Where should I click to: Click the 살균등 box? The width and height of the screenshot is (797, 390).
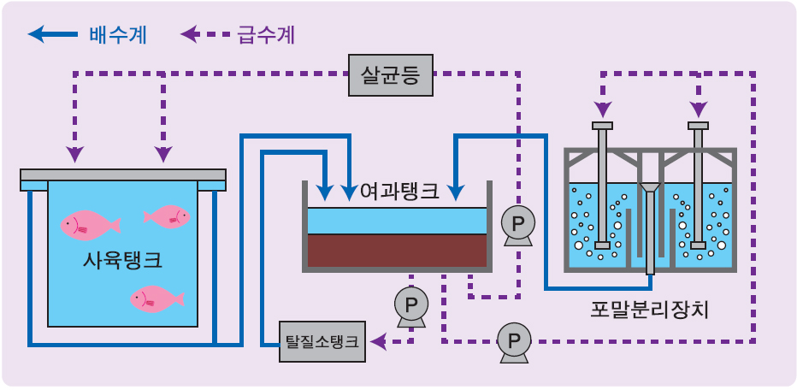tap(391, 75)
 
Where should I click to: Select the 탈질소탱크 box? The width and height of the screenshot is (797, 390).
tap(322, 342)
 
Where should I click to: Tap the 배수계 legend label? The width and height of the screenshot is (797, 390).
tap(117, 35)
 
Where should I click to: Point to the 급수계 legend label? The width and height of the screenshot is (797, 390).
tap(266, 35)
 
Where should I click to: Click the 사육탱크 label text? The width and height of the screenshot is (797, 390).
tap(122, 259)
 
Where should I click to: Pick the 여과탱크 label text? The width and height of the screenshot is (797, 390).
tap(399, 191)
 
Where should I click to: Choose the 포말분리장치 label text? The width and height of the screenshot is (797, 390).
tap(649, 309)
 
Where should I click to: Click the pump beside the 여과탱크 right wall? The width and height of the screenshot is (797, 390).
tap(517, 224)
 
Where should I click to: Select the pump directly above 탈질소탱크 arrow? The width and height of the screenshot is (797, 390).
tap(411, 304)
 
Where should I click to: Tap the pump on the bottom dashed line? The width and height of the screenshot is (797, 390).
tap(513, 341)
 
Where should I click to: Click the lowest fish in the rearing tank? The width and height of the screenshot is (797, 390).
tap(156, 298)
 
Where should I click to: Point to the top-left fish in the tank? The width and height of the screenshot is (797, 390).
tap(88, 225)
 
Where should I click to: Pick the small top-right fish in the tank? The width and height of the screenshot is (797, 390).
tap(168, 216)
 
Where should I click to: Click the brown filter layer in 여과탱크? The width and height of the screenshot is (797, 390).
tap(398, 250)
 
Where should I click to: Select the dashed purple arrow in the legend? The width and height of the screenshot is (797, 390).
tap(205, 35)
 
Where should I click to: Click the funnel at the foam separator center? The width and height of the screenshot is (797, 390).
tap(650, 187)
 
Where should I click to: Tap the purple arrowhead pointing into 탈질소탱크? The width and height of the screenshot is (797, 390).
tap(377, 342)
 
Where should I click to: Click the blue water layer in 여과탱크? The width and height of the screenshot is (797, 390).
tap(398, 221)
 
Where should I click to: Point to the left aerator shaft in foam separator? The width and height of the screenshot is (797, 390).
tap(603, 184)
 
